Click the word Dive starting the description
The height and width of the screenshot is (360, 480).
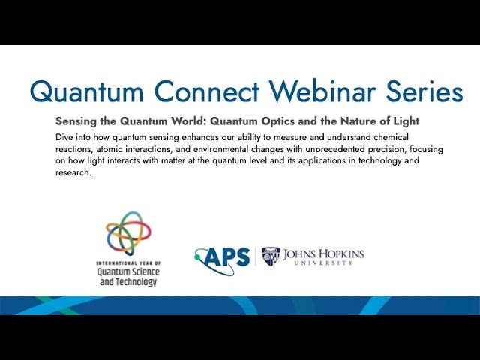pyautogui.click(x=65, y=138)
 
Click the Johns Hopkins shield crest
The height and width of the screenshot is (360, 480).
pyautogui.click(x=271, y=256)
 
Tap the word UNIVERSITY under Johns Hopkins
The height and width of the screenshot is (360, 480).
pyautogui.click(x=323, y=264)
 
